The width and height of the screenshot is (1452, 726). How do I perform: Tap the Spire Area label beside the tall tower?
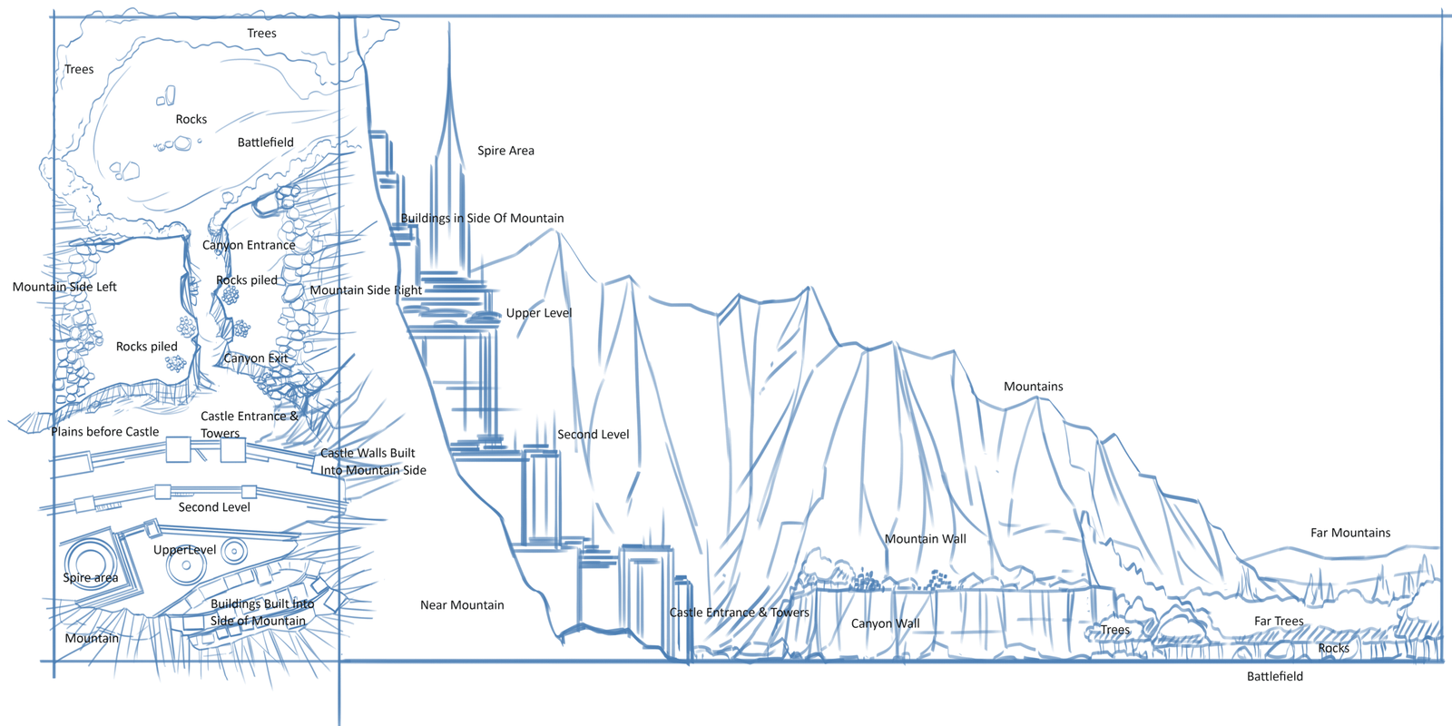click(505, 151)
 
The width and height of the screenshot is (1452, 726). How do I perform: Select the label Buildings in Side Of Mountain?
click(482, 218)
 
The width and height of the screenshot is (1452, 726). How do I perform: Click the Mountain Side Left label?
click(64, 287)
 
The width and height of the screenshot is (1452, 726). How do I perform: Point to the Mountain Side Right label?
click(366, 290)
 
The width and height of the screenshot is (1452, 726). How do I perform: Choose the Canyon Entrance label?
click(249, 245)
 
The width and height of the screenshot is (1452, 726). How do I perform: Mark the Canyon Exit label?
click(256, 358)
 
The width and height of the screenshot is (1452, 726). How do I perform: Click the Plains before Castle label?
click(104, 432)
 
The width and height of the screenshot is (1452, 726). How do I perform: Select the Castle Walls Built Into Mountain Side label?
click(372, 461)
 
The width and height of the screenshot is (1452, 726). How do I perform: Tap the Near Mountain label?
click(462, 605)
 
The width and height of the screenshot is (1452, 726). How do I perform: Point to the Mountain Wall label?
click(925, 539)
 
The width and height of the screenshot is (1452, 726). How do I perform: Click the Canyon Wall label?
click(885, 623)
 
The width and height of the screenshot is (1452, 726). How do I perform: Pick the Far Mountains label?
click(1349, 533)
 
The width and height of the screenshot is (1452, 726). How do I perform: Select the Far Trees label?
click(1279, 622)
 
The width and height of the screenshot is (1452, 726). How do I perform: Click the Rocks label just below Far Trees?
click(1333, 648)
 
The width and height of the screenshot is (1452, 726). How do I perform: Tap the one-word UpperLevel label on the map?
click(184, 550)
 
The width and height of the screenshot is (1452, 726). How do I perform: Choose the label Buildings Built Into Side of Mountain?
click(261, 613)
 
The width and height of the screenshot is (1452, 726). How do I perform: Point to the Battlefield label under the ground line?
click(1274, 676)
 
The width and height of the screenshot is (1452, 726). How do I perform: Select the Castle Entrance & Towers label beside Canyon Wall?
click(739, 613)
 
